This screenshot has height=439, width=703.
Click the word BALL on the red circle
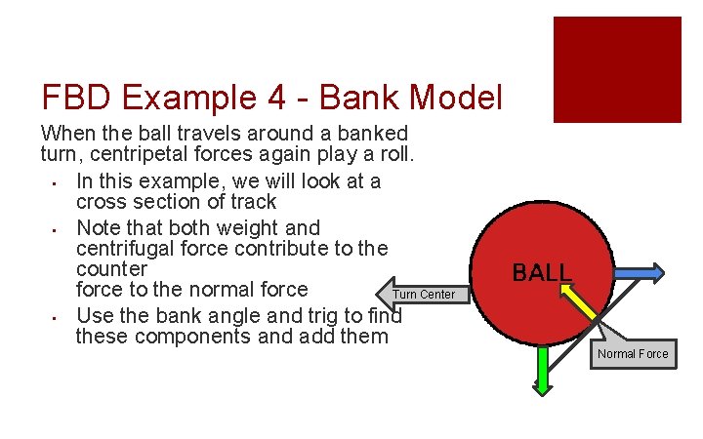point(542,272)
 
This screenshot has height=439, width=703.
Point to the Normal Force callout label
point(633,353)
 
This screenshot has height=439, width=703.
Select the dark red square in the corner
point(617,69)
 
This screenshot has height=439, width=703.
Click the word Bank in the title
point(357,98)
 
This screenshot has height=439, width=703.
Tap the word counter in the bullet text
point(111,268)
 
